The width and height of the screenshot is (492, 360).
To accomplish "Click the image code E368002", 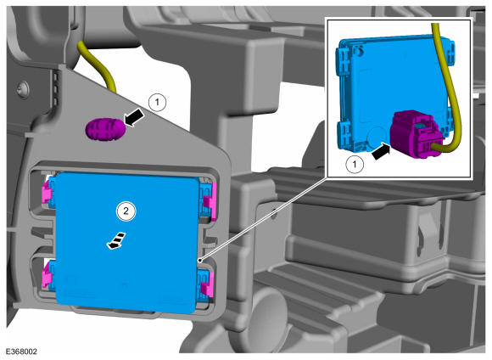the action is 21,352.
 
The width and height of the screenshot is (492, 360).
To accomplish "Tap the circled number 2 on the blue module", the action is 126,211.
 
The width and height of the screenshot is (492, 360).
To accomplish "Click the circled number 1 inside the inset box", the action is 355,164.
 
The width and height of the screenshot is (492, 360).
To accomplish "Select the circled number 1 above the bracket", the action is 157,102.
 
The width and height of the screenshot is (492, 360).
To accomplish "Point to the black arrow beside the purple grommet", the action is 135,118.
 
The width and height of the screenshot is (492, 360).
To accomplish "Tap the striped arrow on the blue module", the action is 116,241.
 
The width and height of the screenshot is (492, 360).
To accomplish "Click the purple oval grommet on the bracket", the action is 105,128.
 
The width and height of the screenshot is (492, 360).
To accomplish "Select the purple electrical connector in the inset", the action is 417,134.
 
